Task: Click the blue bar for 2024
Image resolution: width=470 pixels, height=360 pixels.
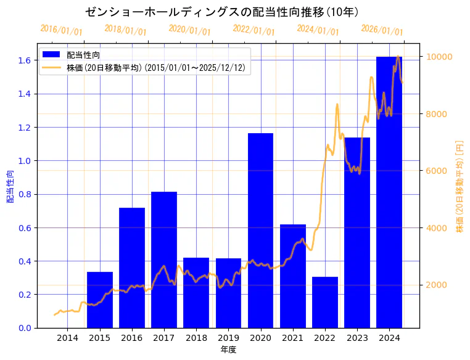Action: [389, 192]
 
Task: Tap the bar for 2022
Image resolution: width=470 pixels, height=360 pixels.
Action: [325, 302]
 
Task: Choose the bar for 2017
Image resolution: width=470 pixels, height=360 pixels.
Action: [164, 260]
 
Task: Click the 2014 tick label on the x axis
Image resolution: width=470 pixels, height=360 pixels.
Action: [68, 338]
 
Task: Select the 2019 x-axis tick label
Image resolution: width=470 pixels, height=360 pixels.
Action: [228, 338]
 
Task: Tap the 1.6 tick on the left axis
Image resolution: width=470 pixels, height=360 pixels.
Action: [25, 60]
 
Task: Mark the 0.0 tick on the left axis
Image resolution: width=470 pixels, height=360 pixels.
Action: [25, 328]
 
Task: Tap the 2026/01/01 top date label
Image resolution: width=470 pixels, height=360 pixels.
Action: [382, 30]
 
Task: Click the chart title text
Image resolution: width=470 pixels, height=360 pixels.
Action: [222, 12]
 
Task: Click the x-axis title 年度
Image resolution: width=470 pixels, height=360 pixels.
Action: [228, 350]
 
